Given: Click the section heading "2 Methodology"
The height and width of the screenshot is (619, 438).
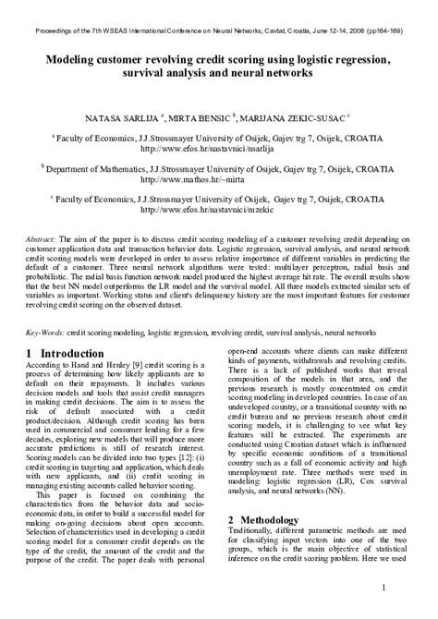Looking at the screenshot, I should click(x=271, y=520).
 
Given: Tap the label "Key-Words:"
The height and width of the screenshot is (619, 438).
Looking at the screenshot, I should click(x=43, y=330).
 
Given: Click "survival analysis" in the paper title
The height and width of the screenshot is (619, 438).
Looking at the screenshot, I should click(x=164, y=74).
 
